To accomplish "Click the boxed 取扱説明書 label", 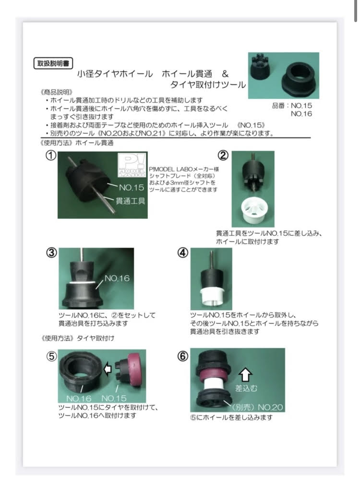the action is [53, 63].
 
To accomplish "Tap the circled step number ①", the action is [51, 156].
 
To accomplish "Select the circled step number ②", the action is [223, 156].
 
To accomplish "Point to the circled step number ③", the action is [51, 253].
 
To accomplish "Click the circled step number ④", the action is [183, 253].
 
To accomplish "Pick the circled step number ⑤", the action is [51, 356].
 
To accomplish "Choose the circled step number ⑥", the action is [183, 356].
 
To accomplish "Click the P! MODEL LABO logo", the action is [132, 165].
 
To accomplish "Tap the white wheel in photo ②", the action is [255, 210].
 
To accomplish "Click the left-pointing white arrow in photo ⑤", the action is [108, 369].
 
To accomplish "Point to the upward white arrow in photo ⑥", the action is [245, 375].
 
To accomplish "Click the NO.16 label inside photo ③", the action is [117, 278].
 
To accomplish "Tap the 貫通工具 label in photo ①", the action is [131, 201].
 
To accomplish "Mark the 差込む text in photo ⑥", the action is [246, 388].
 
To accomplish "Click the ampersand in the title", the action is [225, 74].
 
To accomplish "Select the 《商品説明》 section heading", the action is [56, 92].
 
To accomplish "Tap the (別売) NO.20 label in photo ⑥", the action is [256, 408].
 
